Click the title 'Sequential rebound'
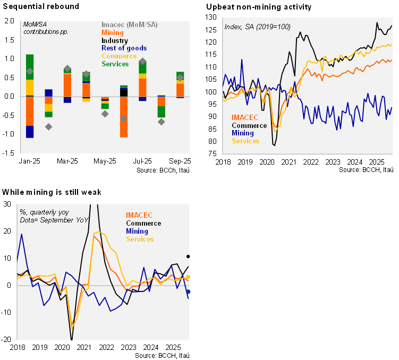click(41, 7)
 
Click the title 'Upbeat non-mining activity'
click(258, 7)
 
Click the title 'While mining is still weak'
click(52, 192)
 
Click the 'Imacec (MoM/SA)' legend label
click(129, 25)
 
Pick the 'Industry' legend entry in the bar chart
click(114, 40)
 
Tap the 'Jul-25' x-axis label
click(142, 160)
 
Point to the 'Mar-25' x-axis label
click(67, 160)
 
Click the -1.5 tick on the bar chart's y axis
click(9, 153)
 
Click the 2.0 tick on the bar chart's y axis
click(10, 21)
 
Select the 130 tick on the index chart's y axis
click(211, 18)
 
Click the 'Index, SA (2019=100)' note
click(258, 27)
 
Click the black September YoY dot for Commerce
click(188, 257)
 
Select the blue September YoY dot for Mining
click(188, 292)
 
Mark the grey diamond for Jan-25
click(30, 71)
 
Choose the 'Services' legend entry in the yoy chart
click(140, 239)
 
